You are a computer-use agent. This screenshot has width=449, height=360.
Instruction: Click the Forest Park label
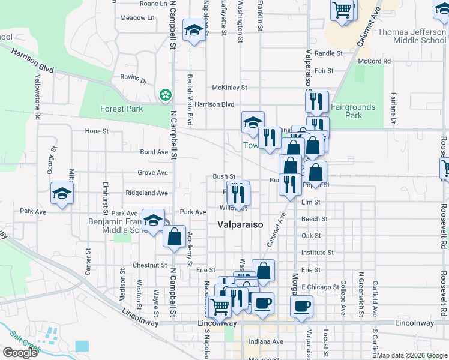121,109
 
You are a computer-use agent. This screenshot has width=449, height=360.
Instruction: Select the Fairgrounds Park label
353,111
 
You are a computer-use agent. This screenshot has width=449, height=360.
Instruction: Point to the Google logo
20,353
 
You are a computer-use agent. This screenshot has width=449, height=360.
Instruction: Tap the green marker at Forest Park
164,95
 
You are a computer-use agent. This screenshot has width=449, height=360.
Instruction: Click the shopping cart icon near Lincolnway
220,305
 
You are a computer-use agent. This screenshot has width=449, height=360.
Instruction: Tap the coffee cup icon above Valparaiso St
301,305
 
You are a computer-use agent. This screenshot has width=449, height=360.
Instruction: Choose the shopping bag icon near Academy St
174,236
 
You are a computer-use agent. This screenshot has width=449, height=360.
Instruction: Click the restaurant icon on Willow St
239,194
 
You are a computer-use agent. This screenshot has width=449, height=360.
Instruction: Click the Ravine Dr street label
134,80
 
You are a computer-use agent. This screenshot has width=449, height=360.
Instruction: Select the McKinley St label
229,88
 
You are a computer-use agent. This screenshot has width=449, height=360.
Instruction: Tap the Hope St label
97,131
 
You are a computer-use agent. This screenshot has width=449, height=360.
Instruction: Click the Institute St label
318,253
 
